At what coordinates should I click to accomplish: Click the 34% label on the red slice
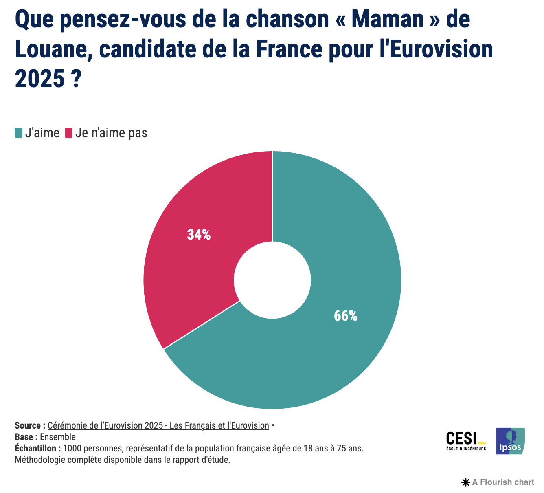coord(199,235)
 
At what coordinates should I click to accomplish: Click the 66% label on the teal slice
coord(345,316)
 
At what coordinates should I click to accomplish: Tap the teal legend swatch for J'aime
coord(18,133)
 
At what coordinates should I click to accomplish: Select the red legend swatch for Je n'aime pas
coord(68,133)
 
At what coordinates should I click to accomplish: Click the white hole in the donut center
coord(272,280)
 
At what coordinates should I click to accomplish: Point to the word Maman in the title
coord(386,20)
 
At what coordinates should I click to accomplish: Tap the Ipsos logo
coord(510,441)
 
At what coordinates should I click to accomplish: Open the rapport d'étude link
coord(202,460)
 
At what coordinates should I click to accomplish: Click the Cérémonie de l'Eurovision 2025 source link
coord(158,425)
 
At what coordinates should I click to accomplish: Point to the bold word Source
coord(28,425)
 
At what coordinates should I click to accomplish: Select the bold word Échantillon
coord(35,449)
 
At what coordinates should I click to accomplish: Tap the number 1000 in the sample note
coord(72,449)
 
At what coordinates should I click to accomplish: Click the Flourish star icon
coord(465,482)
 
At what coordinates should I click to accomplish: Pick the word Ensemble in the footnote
coord(58,437)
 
